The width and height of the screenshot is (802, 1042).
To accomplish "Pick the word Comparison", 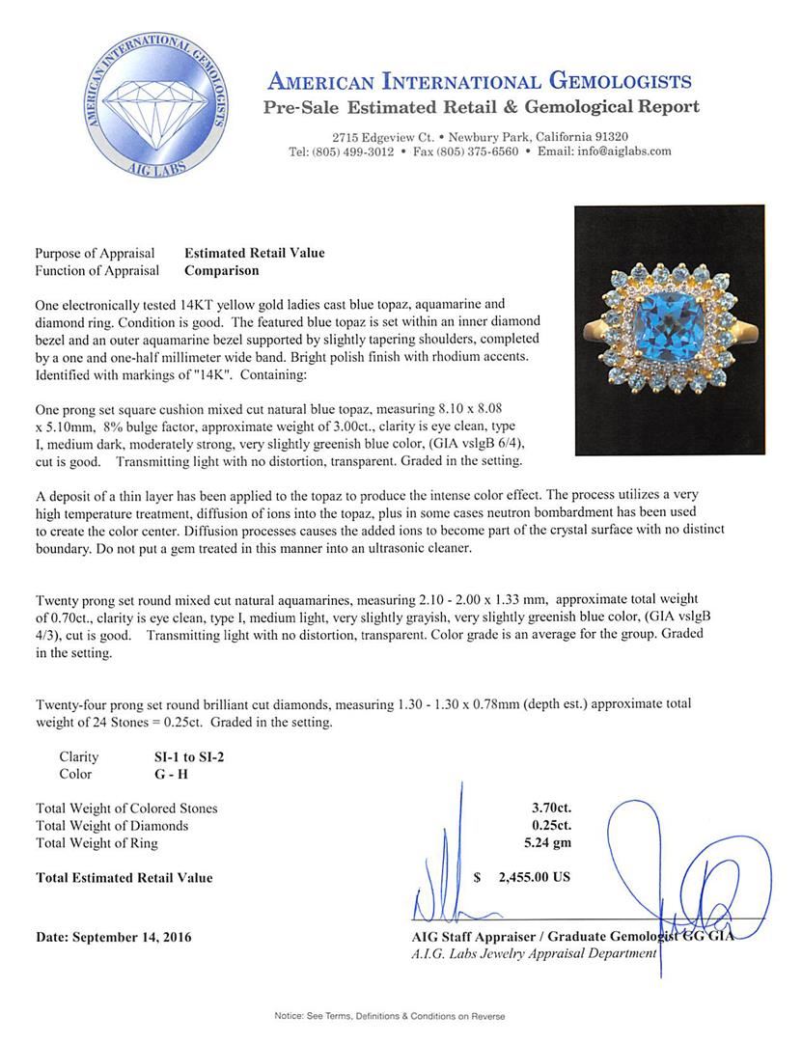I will tap(221, 271).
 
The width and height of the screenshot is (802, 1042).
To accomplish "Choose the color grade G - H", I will tap(158, 774).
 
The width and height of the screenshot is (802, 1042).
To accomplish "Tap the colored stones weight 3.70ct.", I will tap(544, 808).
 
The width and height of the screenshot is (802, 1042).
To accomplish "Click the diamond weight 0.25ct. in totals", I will tap(544, 825).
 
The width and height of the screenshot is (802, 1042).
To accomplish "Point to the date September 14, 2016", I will tap(113, 937).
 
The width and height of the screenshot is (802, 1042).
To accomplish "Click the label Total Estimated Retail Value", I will tap(124, 878).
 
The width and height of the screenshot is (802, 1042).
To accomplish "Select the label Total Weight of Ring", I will tap(97, 842).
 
